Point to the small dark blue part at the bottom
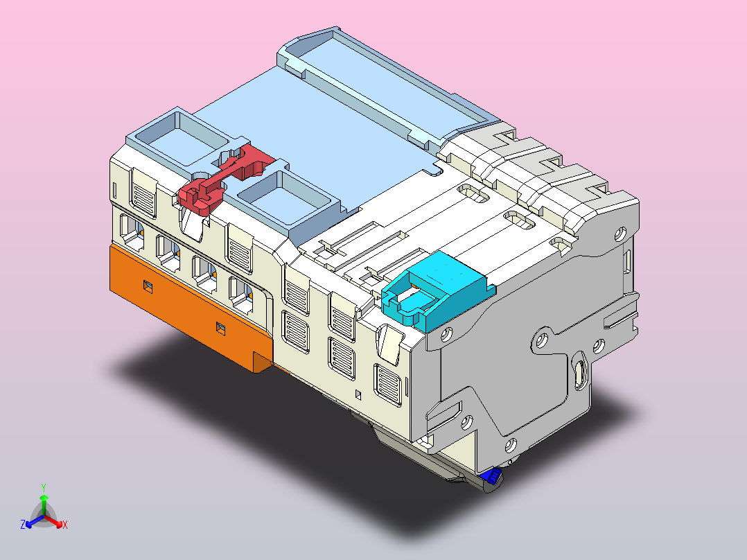[x=493, y=476]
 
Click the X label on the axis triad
[x=65, y=525]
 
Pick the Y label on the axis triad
[x=44, y=487]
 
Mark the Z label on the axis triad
[x=23, y=525]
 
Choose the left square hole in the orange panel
[x=147, y=285]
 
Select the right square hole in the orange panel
[x=221, y=327]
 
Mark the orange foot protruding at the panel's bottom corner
[x=262, y=362]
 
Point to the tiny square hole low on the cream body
[x=358, y=395]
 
